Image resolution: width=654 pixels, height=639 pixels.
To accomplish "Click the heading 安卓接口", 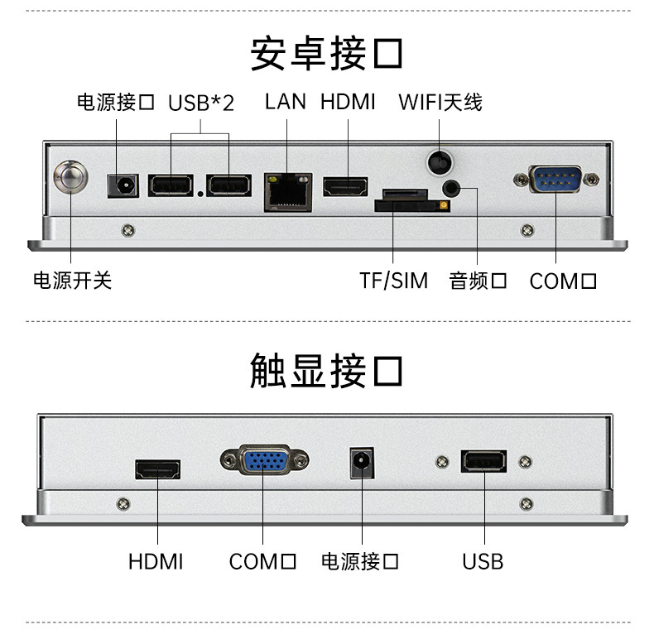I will pos(326,54).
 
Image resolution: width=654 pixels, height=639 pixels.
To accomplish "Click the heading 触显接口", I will pos(326,370).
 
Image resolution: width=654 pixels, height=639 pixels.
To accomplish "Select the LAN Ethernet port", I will pos(287,191).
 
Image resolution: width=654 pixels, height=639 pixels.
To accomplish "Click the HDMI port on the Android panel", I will pos(345,187).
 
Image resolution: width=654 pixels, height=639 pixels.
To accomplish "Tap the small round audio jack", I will pos(451,187).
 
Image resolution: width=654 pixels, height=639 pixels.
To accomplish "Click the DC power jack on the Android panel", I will pos(123,185).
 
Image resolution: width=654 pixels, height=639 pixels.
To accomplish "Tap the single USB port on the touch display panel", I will pos(483,462).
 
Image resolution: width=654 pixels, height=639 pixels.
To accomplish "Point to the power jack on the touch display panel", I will pos(362,464).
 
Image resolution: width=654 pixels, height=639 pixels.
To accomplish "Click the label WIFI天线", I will pos(440,102).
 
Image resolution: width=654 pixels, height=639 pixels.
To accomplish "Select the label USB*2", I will pos(201,103).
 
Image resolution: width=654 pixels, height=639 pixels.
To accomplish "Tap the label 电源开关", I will pos(72,281).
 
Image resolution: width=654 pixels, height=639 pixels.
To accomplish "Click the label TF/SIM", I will pos(394,281).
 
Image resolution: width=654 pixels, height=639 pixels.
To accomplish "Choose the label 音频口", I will pos(478,281).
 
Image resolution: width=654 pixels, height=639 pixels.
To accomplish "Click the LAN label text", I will pos(286,102).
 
